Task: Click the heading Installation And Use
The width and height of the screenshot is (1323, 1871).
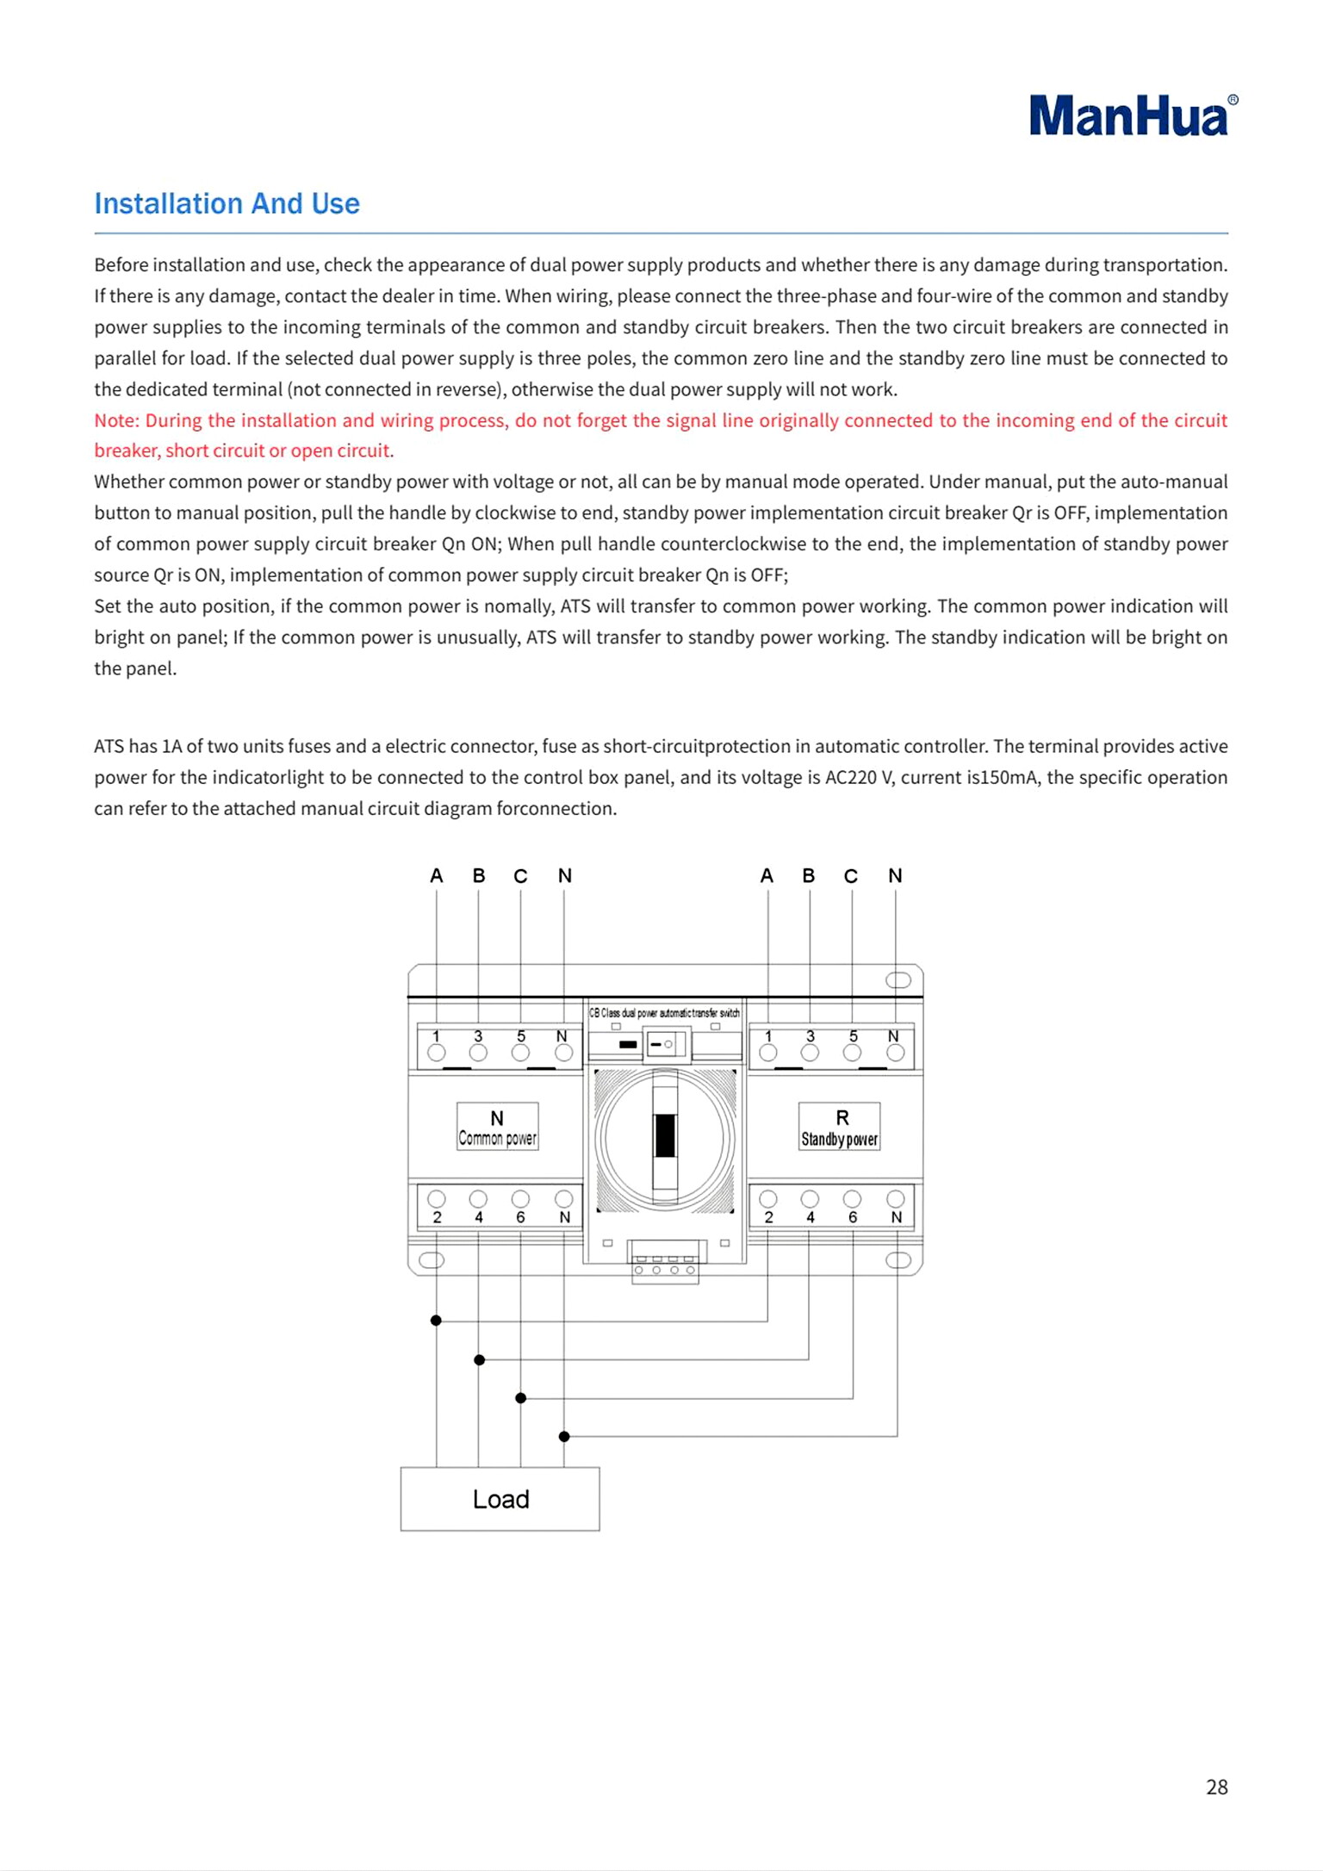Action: (x=227, y=204)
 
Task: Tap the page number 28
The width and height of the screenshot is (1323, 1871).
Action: (x=1216, y=1787)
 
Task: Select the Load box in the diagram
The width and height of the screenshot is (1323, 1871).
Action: (x=500, y=1499)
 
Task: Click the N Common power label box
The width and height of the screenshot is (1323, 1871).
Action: (x=497, y=1127)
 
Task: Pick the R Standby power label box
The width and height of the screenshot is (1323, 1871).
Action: (x=839, y=1127)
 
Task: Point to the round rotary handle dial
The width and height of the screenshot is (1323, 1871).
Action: (x=665, y=1138)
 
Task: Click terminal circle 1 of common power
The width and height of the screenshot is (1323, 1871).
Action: (x=437, y=1053)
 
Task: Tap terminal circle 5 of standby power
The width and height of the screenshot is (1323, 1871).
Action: (x=852, y=1053)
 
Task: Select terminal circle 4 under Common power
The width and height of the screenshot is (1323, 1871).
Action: (x=478, y=1199)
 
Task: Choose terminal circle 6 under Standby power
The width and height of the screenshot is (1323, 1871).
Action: (x=852, y=1199)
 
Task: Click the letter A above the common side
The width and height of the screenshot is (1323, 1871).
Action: (x=437, y=876)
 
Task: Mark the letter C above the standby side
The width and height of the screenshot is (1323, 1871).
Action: (x=851, y=876)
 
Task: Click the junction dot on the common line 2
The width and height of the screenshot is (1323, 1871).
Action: (x=436, y=1321)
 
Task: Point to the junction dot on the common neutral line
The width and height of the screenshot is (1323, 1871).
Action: (x=564, y=1436)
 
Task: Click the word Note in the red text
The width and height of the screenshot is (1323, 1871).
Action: (x=115, y=420)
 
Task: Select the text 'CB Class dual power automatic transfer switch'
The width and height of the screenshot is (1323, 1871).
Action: (x=664, y=1013)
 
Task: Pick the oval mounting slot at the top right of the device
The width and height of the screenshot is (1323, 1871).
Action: (x=898, y=980)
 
